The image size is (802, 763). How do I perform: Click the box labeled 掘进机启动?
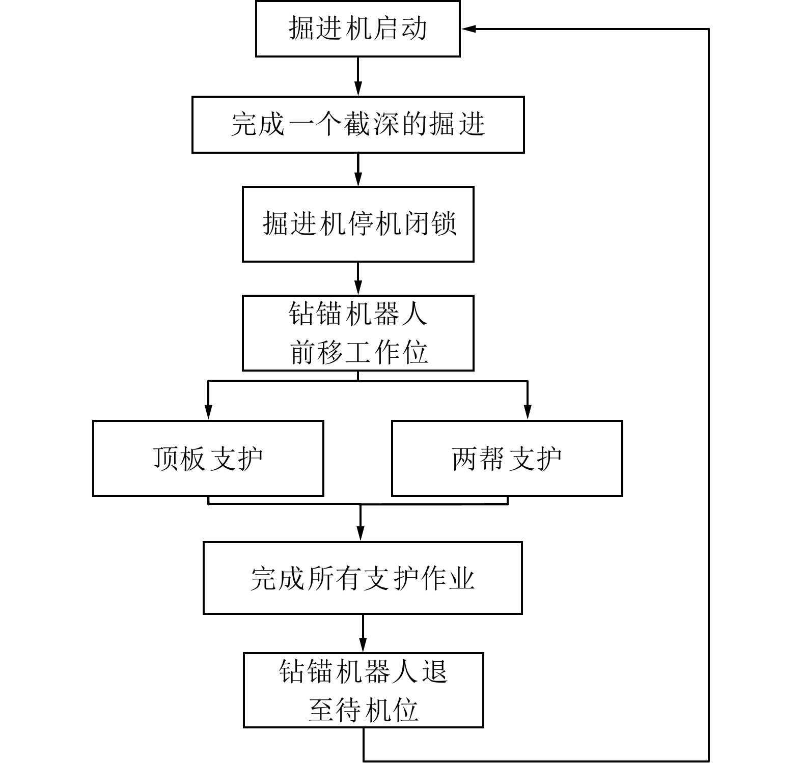pyautogui.click(x=357, y=29)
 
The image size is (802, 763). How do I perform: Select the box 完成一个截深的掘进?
pyautogui.click(x=357, y=125)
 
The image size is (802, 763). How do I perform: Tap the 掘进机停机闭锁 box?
pyautogui.click(x=357, y=224)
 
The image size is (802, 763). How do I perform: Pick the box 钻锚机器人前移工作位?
pyautogui.click(x=357, y=333)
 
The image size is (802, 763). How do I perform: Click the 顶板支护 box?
pyautogui.click(x=208, y=458)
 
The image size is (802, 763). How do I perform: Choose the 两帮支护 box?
pyautogui.click(x=507, y=458)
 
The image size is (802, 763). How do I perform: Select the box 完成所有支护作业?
pyautogui.click(x=363, y=578)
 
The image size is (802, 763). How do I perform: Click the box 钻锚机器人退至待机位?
pyautogui.click(x=363, y=690)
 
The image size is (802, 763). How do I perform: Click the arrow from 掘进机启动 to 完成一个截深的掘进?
pyautogui.click(x=358, y=76)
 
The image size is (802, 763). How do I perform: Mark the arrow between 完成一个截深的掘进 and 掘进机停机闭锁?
pyautogui.click(x=358, y=169)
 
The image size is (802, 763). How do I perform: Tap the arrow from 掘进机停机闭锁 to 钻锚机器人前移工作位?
pyautogui.click(x=358, y=278)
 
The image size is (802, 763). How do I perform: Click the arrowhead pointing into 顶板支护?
pyautogui.click(x=208, y=412)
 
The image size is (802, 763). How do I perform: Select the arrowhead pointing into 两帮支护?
pyautogui.click(x=528, y=412)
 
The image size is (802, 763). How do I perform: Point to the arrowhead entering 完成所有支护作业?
pyautogui.click(x=361, y=533)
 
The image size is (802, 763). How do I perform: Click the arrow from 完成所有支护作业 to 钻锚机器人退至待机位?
pyautogui.click(x=363, y=633)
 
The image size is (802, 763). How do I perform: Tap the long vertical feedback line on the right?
pyautogui.click(x=708, y=397)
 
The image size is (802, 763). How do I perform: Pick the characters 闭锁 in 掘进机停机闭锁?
pyautogui.click(x=431, y=224)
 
